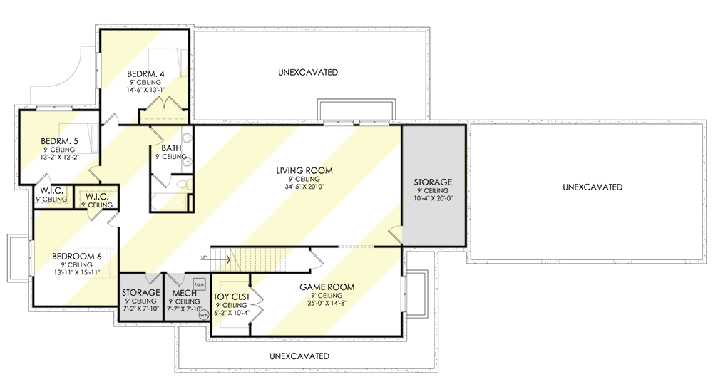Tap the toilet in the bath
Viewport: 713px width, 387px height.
point(183,185)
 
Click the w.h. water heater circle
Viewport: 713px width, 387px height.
point(203,314)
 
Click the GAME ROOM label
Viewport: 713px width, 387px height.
point(327,287)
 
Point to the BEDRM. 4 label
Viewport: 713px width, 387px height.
point(147,73)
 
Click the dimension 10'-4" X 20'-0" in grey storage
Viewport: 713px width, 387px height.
point(433,199)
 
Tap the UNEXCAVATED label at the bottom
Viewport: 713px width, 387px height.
point(299,356)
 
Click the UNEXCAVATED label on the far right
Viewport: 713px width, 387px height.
point(592,187)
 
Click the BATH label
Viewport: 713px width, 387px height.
point(171,148)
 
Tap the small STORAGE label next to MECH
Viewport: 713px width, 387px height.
point(140,292)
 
